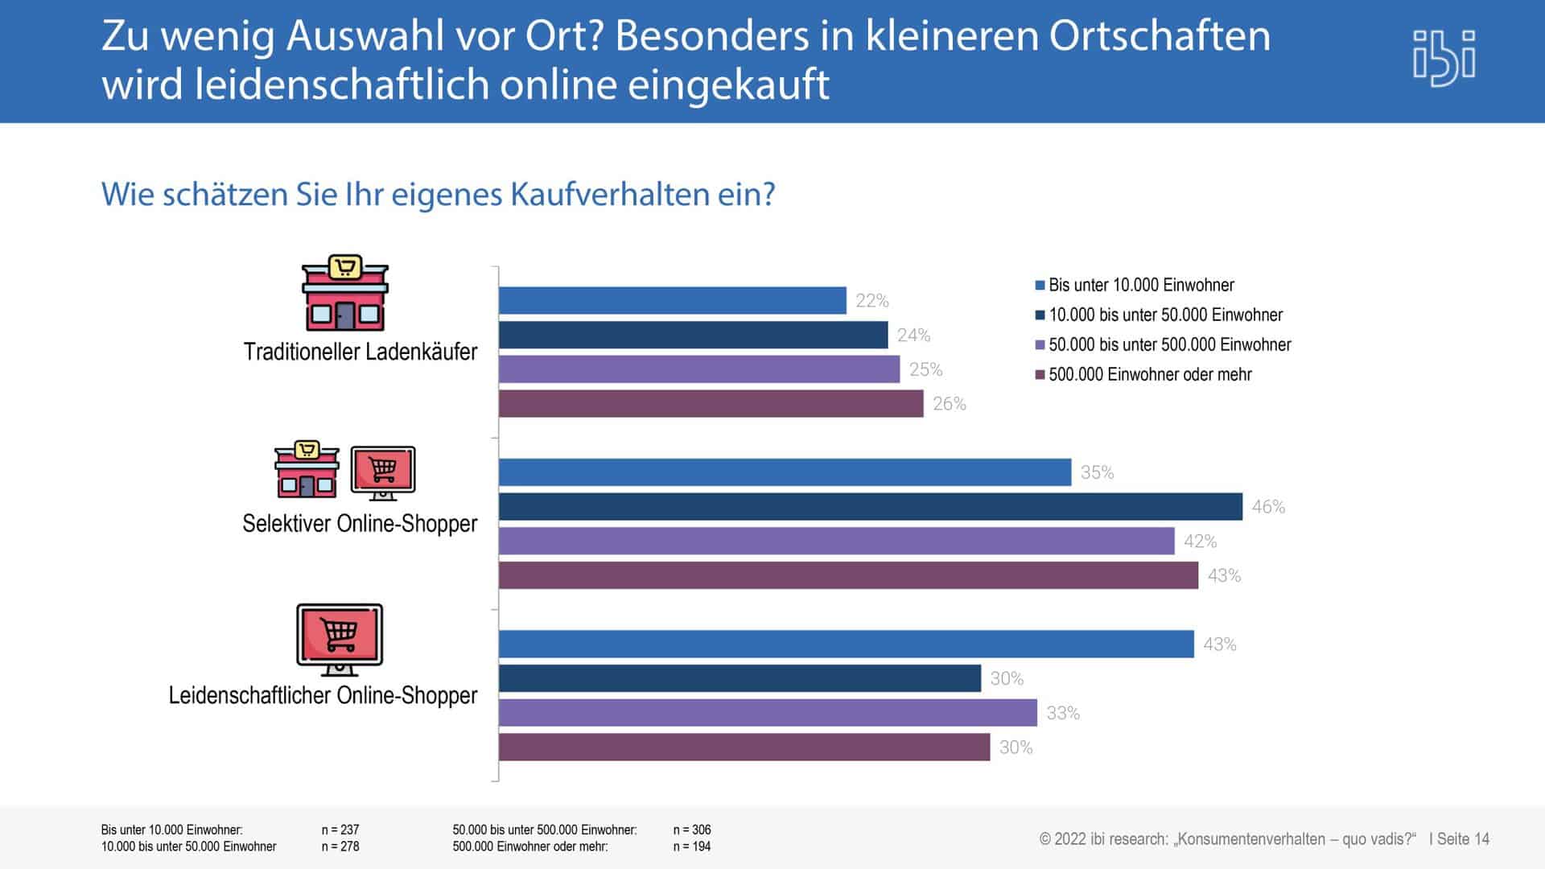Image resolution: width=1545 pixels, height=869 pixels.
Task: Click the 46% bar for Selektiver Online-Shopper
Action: pos(870,507)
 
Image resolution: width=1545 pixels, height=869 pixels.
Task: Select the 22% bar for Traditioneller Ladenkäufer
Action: pos(672,301)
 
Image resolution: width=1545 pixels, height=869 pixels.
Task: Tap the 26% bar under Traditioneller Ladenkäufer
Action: pos(711,404)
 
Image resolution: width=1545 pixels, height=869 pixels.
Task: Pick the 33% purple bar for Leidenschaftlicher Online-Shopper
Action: pos(768,713)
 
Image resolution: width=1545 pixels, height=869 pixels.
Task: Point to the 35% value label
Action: pos(1097,473)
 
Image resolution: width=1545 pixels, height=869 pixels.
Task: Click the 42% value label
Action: pos(1200,542)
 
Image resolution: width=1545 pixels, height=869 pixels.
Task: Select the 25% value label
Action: pos(925,369)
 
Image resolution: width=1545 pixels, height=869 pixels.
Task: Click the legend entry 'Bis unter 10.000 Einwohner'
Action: pos(1140,285)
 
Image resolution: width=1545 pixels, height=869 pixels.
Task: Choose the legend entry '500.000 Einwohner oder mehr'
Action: pos(1149,374)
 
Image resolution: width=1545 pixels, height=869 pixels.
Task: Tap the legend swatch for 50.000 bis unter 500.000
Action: pos(1040,345)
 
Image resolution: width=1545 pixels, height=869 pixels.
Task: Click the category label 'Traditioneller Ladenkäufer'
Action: pos(360,352)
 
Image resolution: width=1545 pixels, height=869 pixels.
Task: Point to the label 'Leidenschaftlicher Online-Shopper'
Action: pos(323,695)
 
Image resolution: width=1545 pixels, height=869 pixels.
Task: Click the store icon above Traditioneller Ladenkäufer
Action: pos(344,294)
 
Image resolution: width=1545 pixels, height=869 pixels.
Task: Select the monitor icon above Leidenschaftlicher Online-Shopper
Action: pos(340,639)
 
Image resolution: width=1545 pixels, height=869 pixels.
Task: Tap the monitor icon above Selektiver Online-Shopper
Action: pos(383,472)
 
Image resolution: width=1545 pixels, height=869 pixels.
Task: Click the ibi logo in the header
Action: pos(1444,58)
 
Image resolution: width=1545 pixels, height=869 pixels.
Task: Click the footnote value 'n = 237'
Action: pos(340,830)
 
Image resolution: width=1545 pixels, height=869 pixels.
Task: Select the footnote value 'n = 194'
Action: pos(692,846)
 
